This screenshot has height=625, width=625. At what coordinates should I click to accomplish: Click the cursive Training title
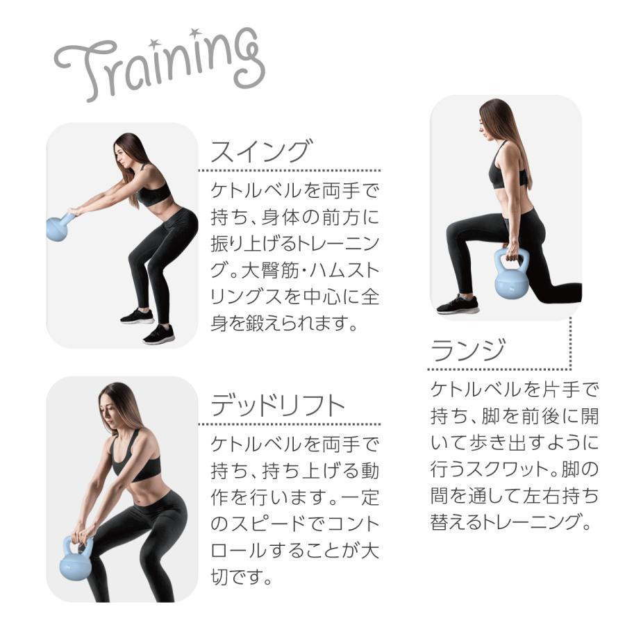click(x=160, y=64)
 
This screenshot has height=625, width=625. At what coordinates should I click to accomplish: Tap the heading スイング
click(x=261, y=151)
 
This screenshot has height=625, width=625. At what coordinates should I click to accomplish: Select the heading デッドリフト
click(x=277, y=405)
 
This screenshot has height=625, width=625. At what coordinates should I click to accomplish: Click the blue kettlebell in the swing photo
click(x=60, y=228)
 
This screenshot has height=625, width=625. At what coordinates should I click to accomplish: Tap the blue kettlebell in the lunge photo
click(x=511, y=273)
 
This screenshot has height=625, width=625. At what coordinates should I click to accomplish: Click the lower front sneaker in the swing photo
click(x=158, y=335)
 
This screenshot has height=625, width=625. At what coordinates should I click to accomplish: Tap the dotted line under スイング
click(x=290, y=171)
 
